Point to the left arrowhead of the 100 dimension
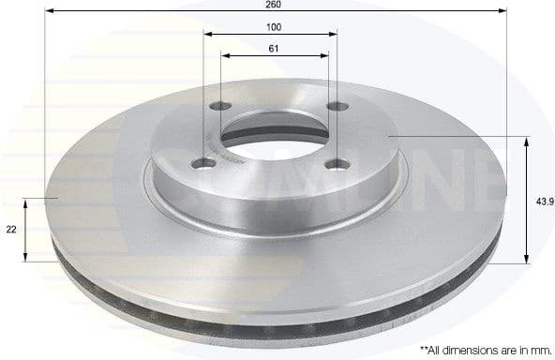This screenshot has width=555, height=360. tap(208, 34)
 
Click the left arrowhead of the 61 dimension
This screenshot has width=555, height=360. tap(225, 54)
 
